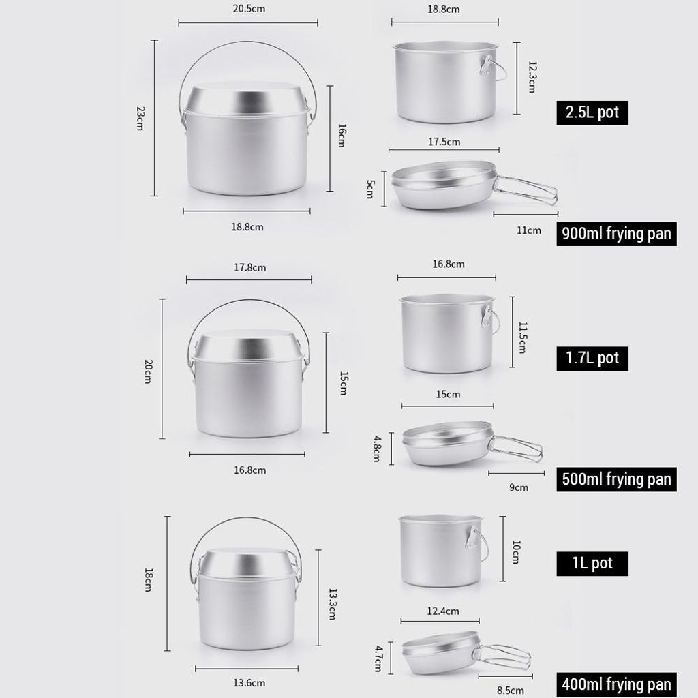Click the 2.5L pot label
pyautogui.click(x=592, y=112)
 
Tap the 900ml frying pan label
pyautogui.click(x=616, y=234)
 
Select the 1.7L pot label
pyautogui.click(x=592, y=359)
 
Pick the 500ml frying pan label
pyautogui.click(x=616, y=479)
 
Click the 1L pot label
pyautogui.click(x=592, y=564)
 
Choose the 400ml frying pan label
pyautogui.click(x=616, y=684)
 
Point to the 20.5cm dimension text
pyautogui.click(x=249, y=8)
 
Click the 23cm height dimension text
pyautogui.click(x=140, y=118)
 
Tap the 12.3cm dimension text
pyautogui.click(x=532, y=76)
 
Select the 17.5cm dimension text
pyautogui.click(x=444, y=142)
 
